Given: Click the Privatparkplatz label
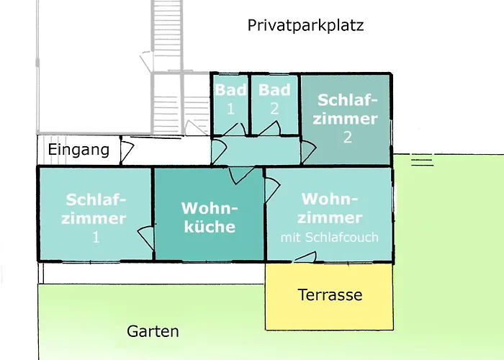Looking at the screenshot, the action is pyautogui.click(x=306, y=26).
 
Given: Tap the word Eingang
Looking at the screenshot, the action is pyautogui.click(x=78, y=150).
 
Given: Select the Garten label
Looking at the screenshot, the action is pyautogui.click(x=153, y=332).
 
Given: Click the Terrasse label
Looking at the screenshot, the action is pyautogui.click(x=330, y=295).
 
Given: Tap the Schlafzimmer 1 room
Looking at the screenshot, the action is pyautogui.click(x=95, y=216).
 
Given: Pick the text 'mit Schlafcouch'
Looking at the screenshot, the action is pyautogui.click(x=330, y=238).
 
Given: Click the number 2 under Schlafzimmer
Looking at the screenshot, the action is pyautogui.click(x=348, y=138).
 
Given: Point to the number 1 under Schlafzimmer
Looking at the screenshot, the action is pyautogui.click(x=96, y=237).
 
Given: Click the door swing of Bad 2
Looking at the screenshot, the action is pyautogui.click(x=271, y=129).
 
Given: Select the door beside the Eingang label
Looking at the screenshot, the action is pyautogui.click(x=126, y=151).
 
